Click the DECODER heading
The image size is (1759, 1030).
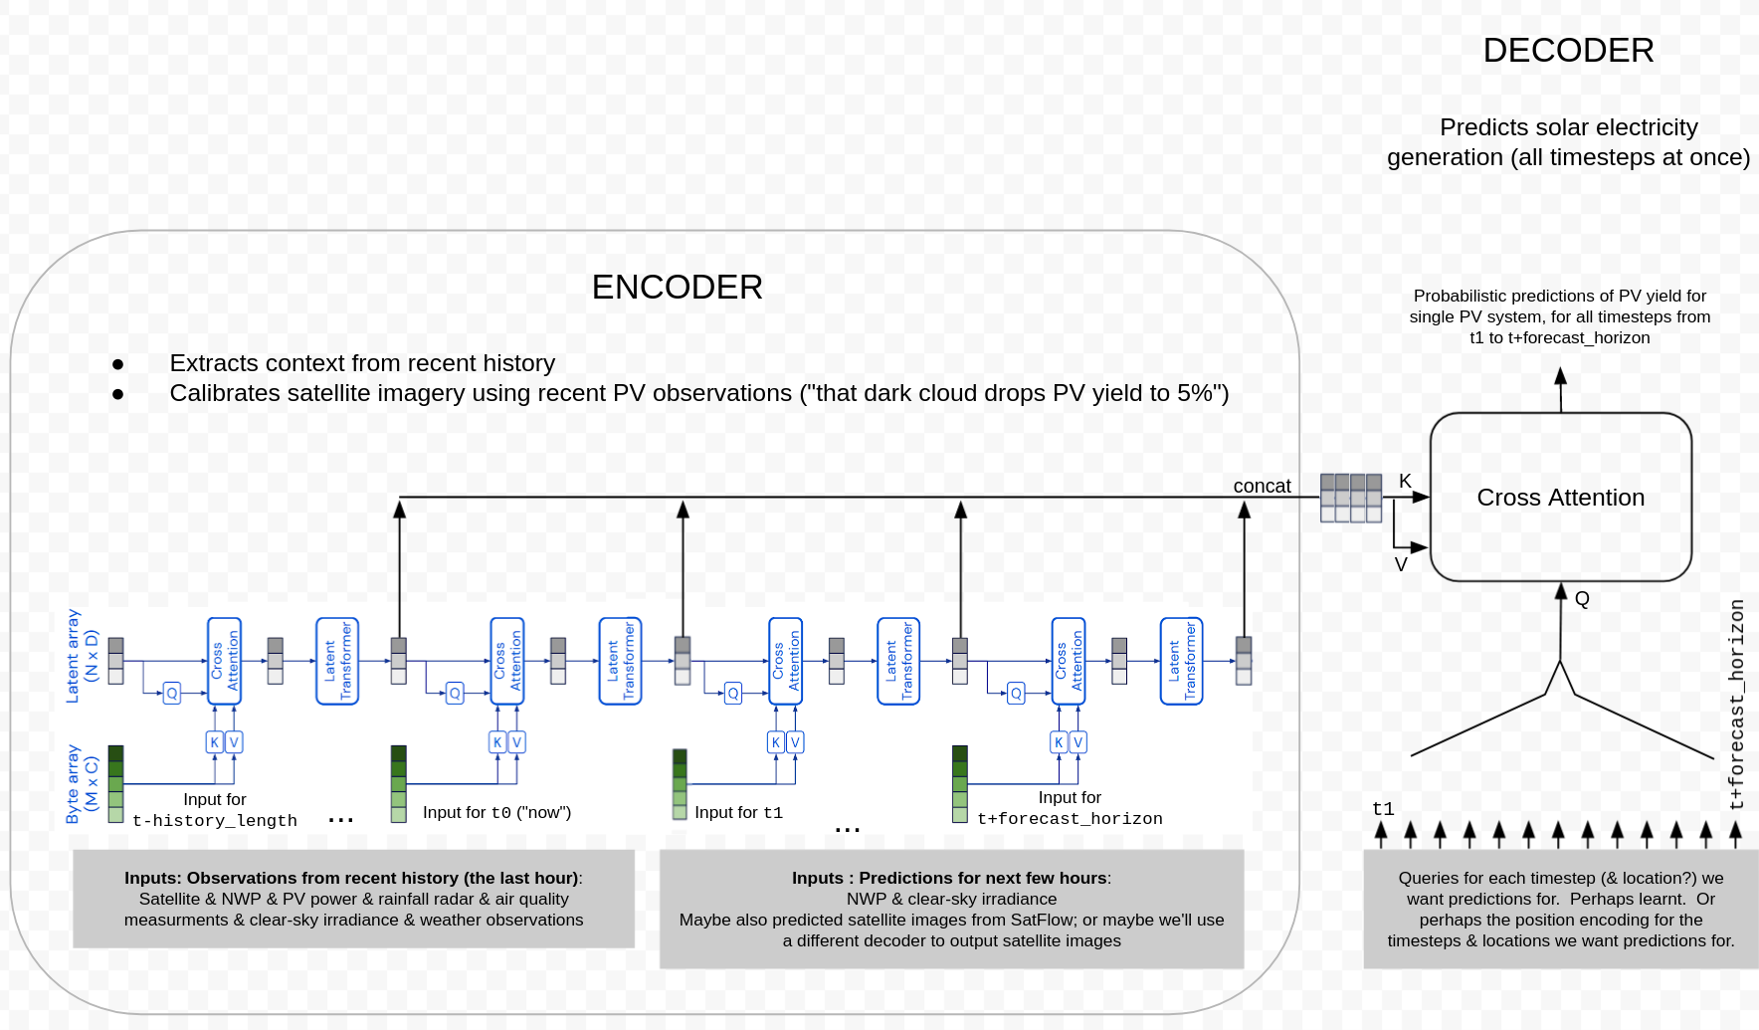click(x=1568, y=51)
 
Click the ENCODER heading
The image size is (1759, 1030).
click(x=677, y=288)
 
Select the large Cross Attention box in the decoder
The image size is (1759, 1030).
click(x=1560, y=497)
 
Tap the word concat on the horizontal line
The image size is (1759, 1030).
click(x=1262, y=486)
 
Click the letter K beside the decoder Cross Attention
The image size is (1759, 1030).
click(x=1405, y=481)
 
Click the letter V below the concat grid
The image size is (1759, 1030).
click(x=1401, y=564)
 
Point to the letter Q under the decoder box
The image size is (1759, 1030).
click(x=1582, y=598)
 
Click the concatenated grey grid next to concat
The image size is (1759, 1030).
click(x=1350, y=498)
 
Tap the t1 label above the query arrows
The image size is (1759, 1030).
click(x=1383, y=808)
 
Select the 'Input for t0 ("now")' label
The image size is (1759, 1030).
click(x=496, y=812)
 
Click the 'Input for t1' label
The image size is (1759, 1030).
click(x=738, y=812)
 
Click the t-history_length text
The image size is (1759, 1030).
click(x=215, y=820)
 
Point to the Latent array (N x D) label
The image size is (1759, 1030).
click(x=82, y=656)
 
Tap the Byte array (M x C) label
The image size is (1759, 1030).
click(x=82, y=784)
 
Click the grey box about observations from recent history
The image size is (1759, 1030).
click(x=353, y=899)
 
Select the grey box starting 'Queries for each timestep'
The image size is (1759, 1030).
click(x=1560, y=909)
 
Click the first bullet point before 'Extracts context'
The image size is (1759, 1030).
click(x=118, y=364)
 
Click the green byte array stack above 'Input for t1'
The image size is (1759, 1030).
click(x=680, y=784)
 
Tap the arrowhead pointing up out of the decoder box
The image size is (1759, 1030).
click(x=1560, y=377)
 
